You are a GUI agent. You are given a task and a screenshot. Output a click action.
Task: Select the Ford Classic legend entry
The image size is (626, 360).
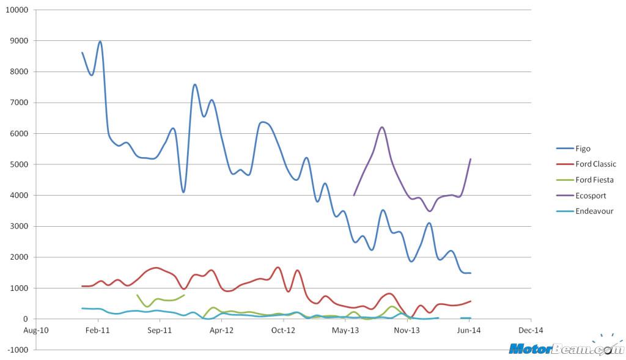point(595,164)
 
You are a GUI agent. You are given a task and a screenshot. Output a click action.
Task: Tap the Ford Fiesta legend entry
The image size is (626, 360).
point(594,180)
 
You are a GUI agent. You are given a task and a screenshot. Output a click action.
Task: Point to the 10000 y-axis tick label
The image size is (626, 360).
point(18,10)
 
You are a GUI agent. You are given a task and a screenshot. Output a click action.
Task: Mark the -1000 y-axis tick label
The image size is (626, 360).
point(20,350)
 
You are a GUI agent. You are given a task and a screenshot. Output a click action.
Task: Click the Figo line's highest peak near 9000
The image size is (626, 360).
point(100,42)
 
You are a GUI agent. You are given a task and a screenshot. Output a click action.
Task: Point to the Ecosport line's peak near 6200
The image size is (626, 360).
point(382,127)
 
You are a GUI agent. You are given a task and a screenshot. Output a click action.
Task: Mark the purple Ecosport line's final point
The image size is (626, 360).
point(470,159)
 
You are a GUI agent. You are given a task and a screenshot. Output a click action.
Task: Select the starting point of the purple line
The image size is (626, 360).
point(354,195)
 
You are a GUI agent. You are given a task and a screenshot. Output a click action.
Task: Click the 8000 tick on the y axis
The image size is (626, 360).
point(20,72)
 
